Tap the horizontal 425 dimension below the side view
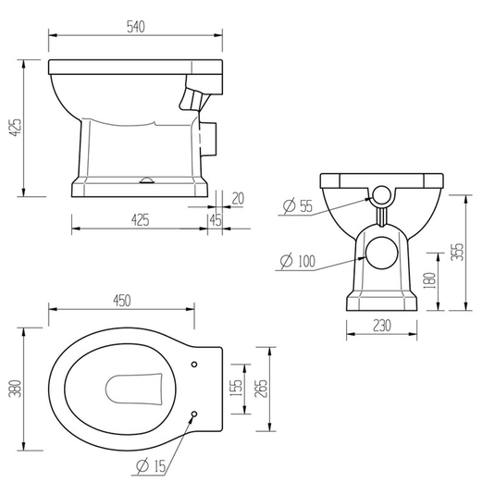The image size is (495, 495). click(x=139, y=220)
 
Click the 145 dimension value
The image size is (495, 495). click(x=215, y=220)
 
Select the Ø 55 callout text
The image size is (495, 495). click(x=299, y=206)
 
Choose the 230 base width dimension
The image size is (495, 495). click(x=381, y=326)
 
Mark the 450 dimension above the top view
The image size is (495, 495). click(x=122, y=300)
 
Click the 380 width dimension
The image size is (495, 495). click(x=12, y=390)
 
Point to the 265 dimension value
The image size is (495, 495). click(x=263, y=390)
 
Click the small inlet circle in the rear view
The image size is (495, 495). click(x=381, y=194)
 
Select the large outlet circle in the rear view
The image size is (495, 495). click(x=381, y=252)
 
